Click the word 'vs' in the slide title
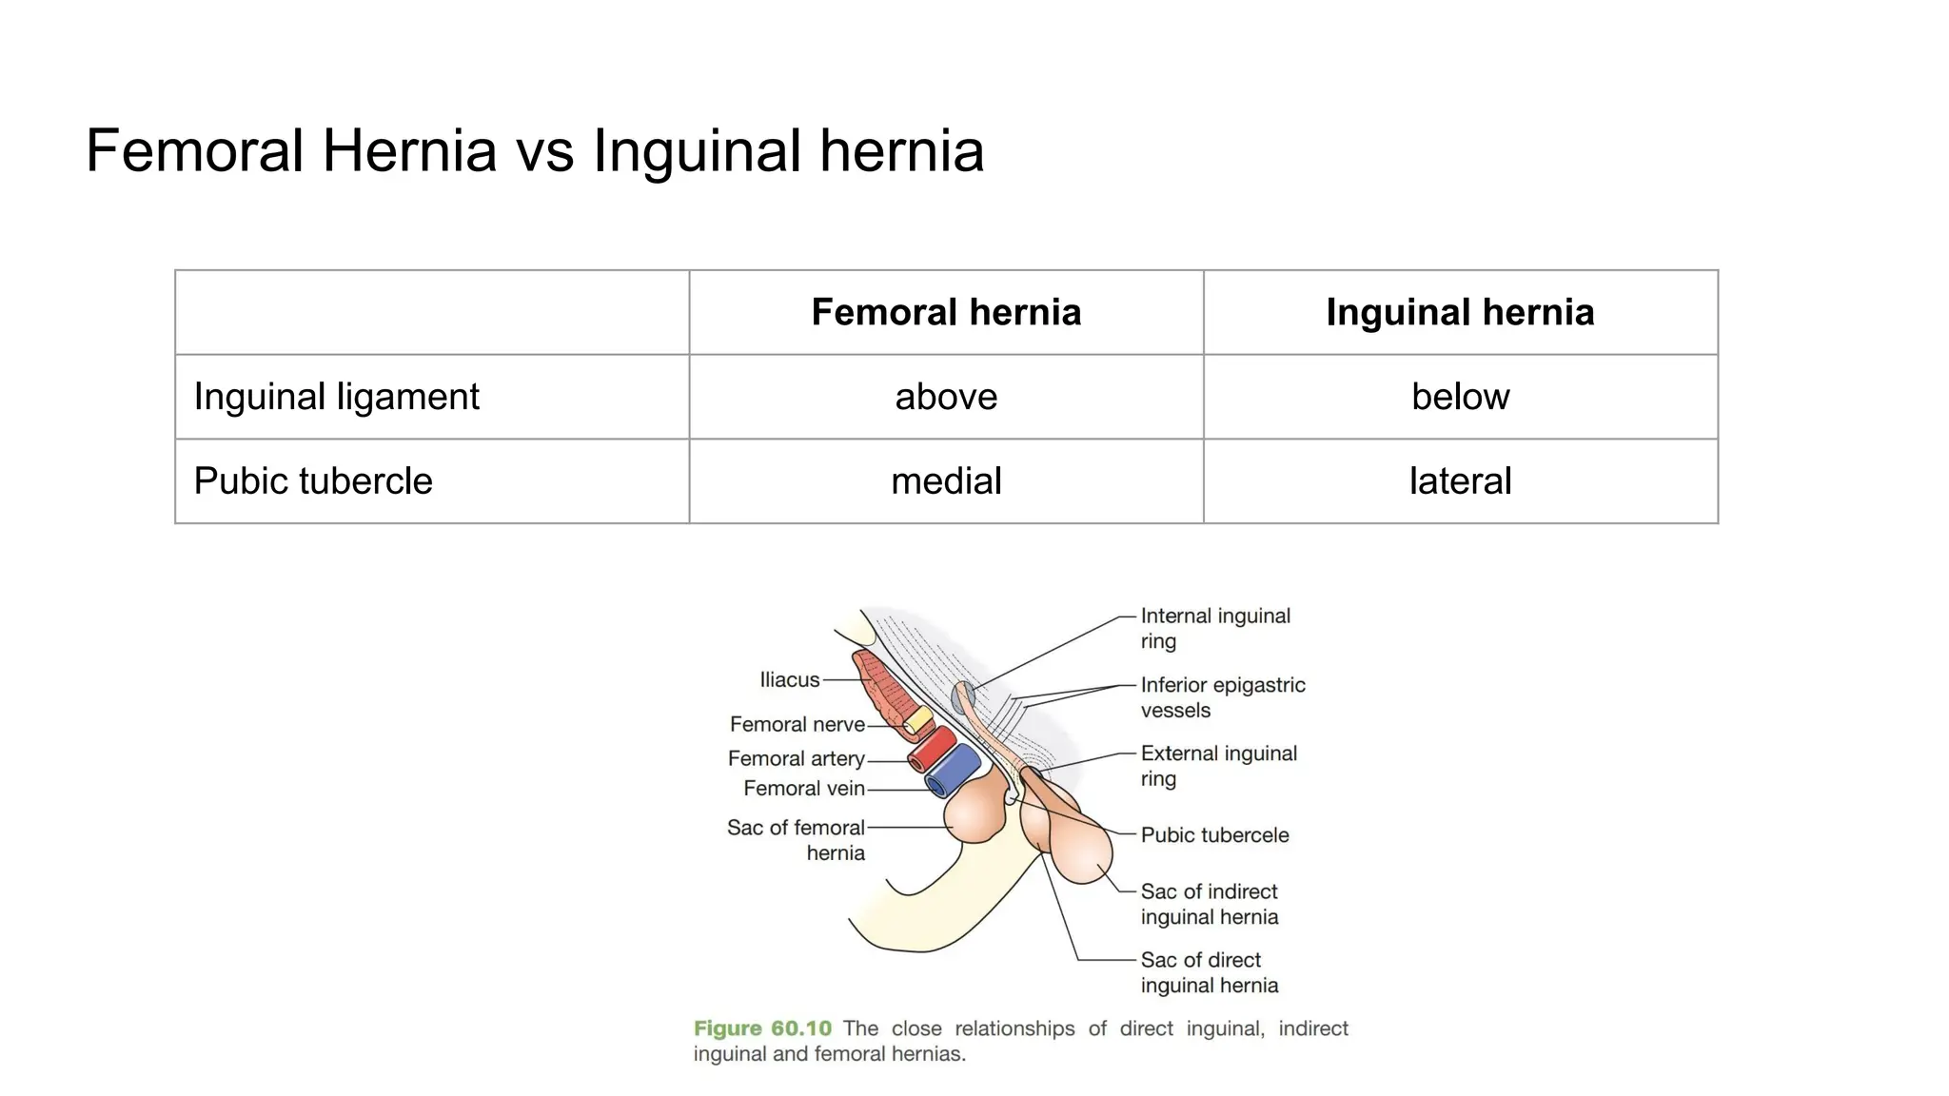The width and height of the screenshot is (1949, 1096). coord(544,151)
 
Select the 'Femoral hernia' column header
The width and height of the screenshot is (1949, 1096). coord(946,312)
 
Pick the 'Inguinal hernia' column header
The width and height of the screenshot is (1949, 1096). coord(1460,312)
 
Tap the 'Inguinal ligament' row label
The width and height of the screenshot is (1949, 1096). coord(336,397)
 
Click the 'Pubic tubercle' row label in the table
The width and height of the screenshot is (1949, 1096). coord(313,481)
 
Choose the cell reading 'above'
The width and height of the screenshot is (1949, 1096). coord(946,397)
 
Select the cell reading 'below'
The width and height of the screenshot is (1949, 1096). coord(1460,397)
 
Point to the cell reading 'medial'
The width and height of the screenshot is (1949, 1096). coord(946,481)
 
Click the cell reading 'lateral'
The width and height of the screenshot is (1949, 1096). coord(1460,481)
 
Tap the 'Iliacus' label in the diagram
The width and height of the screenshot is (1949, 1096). coord(789,680)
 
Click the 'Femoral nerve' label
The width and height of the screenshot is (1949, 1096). coord(797,725)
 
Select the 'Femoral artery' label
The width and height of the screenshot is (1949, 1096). coord(796,759)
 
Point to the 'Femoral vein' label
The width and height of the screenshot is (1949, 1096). coord(803,789)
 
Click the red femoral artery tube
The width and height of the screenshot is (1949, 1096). coord(932,750)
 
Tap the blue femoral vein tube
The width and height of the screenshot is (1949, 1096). coord(954,771)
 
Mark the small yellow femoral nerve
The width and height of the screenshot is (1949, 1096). coord(917,722)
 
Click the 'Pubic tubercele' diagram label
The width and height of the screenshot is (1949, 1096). coord(1214,835)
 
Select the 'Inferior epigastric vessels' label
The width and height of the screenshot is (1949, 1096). coord(1222,697)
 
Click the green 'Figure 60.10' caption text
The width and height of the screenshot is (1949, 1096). coord(762,1028)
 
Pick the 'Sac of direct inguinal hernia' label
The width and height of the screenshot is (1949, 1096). coord(1209,972)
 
